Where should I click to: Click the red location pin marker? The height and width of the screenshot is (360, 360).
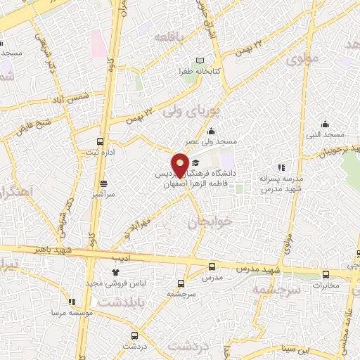click(181, 165)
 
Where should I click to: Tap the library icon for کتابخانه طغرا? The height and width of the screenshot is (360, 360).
click(200, 62)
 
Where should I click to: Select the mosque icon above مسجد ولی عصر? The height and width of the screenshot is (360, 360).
click(211, 131)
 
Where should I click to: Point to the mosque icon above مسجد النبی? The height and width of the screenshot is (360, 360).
click(324, 124)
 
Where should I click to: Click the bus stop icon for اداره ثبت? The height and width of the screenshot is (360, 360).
click(101, 141)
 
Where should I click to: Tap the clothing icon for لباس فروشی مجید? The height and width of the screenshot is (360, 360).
click(116, 271)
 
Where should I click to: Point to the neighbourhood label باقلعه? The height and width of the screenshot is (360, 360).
click(172, 36)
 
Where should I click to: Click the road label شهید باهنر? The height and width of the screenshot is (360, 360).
click(41, 249)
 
